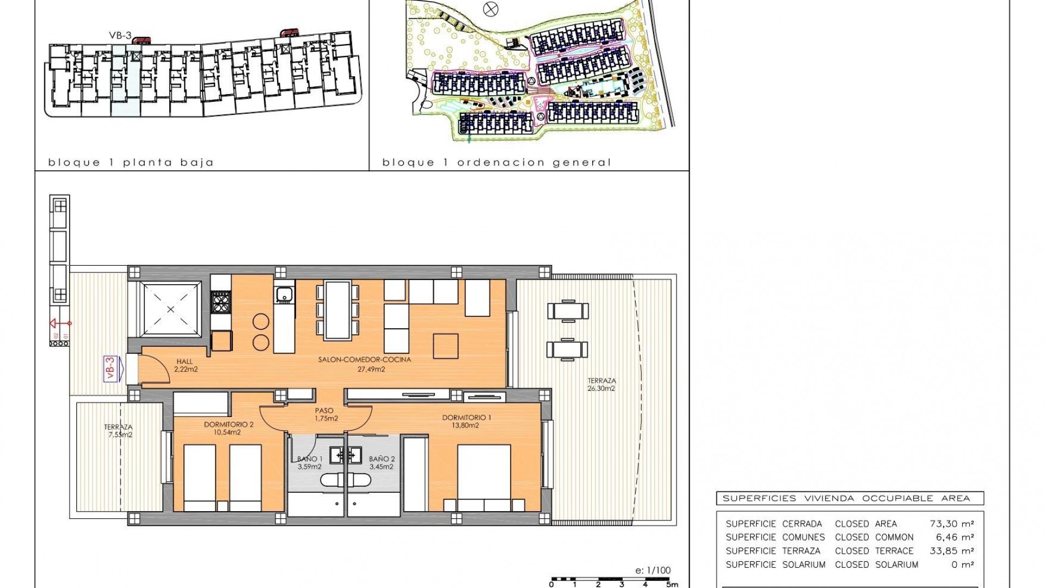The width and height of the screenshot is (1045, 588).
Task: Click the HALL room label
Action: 185,362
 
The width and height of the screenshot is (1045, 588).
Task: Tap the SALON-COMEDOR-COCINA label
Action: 365,360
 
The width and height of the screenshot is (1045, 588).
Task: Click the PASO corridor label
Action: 324,411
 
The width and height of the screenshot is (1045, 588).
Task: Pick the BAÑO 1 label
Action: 309,459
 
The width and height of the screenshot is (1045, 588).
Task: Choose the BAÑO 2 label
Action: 382,459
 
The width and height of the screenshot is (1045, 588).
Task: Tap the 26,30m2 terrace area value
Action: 601,389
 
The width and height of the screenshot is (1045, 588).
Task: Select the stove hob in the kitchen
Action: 220,302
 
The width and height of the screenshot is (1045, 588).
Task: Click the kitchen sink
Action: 285,295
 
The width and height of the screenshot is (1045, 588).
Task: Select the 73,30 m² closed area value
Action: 951,524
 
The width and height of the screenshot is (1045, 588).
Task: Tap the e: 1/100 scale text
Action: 653,571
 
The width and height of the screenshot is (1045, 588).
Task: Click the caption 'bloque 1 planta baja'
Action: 131,162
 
